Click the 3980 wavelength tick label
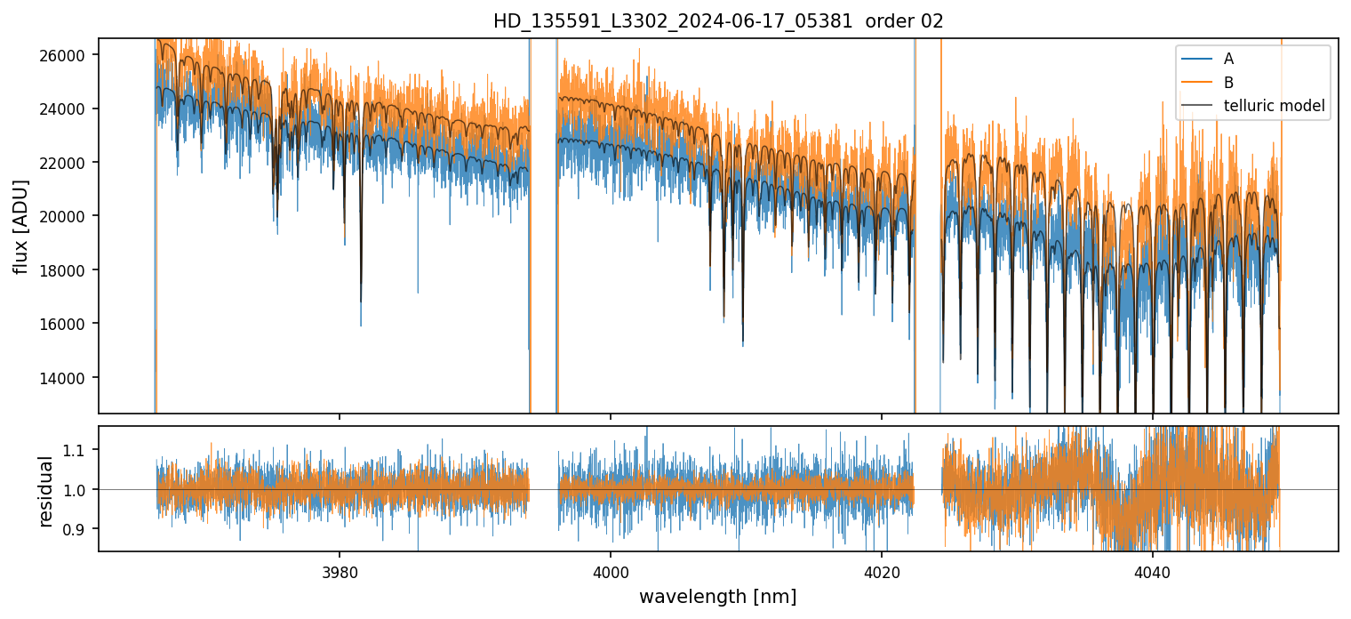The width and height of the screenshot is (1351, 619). tap(340, 570)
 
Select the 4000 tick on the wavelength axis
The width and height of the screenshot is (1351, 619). tap(611, 570)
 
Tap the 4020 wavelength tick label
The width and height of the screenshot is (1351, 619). tap(881, 570)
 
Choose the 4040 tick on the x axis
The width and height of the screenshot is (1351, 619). tap(1152, 570)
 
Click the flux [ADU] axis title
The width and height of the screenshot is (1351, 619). tap(22, 226)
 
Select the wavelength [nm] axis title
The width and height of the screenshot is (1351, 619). tap(717, 597)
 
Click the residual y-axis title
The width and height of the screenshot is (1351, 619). tap(46, 489)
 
